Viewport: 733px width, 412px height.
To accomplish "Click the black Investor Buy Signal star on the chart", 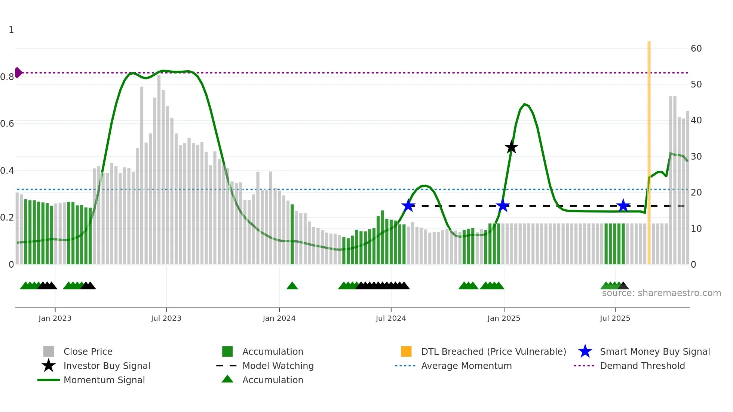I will [511, 147].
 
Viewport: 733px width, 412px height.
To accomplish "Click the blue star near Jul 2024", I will [408, 206].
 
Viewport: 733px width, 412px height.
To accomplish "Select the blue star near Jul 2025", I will [623, 206].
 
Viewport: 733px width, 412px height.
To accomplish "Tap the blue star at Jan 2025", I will [503, 206].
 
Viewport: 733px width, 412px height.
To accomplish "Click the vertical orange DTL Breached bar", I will [649, 150].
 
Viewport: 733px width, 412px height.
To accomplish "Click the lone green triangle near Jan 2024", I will [292, 286].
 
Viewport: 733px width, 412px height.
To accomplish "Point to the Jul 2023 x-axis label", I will [166, 318].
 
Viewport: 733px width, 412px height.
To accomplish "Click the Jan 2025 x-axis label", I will [504, 318].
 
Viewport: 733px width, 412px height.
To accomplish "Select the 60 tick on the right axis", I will [696, 49].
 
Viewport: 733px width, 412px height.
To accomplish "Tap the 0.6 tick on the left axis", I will [7, 124].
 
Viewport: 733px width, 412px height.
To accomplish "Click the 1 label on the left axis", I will [11, 30].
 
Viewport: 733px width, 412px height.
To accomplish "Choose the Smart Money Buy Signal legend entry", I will [654, 352].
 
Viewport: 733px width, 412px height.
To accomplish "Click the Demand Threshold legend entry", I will [642, 366].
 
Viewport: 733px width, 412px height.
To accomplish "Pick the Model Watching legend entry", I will [278, 366].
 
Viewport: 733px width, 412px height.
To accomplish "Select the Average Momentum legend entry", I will [466, 366].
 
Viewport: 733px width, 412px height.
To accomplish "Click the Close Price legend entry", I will [88, 352].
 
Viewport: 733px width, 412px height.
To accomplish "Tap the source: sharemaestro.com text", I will [661, 293].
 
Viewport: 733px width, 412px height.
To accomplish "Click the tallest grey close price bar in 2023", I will [159, 168].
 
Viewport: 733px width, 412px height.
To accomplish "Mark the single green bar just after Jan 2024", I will [292, 234].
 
